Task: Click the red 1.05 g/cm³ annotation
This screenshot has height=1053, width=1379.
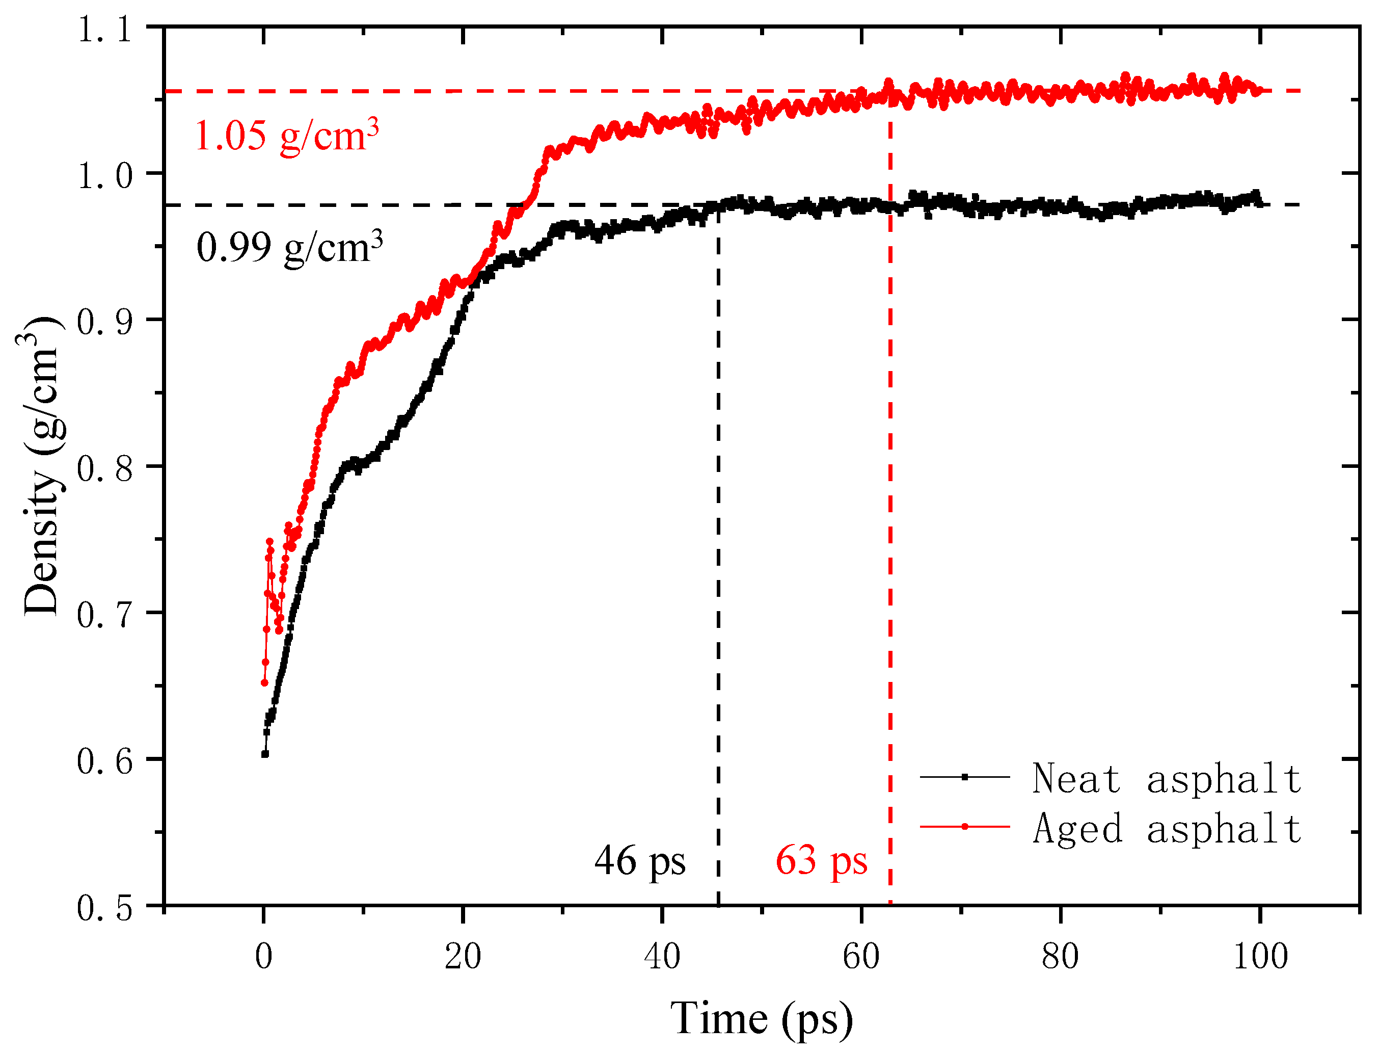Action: pyautogui.click(x=286, y=136)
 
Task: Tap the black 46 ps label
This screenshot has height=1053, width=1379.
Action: pyautogui.click(x=640, y=861)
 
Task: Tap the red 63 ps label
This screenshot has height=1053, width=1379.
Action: pyautogui.click(x=821, y=861)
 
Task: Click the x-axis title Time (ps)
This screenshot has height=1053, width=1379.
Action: pyautogui.click(x=761, y=1018)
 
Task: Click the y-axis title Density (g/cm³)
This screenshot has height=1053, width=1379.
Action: pyautogui.click(x=41, y=466)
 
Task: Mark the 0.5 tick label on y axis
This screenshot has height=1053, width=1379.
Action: pyautogui.click(x=104, y=907)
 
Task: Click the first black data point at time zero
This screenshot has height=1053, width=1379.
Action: pyautogui.click(x=265, y=754)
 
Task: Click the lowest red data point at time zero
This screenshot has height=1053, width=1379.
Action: pyautogui.click(x=264, y=682)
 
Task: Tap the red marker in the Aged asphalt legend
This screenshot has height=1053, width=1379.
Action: pyautogui.click(x=965, y=827)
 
